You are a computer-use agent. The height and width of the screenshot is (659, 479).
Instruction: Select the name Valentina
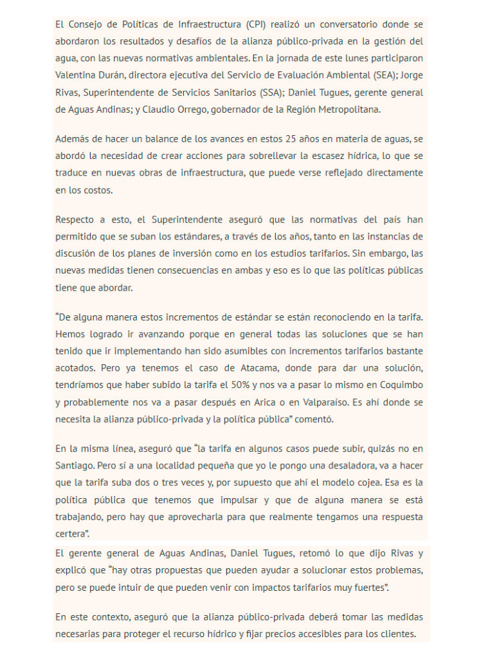[77, 75]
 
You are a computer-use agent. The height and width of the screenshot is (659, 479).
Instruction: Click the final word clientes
[397, 634]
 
